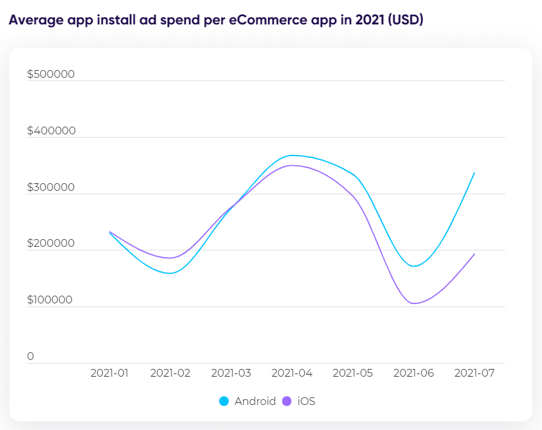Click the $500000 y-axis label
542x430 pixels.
point(51,74)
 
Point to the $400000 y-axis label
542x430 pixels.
point(51,130)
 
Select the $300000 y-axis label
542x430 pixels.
point(51,187)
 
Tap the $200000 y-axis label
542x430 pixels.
point(51,244)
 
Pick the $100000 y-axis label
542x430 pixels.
point(51,300)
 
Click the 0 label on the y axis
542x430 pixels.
point(30,357)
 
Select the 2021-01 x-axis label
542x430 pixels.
point(109,373)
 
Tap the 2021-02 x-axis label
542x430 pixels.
point(170,373)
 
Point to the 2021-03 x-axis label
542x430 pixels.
point(231,373)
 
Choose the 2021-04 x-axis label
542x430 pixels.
point(292,373)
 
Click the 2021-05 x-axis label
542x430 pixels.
point(352,373)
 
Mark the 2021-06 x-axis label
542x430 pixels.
point(413,373)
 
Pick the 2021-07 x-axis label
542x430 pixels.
point(474,373)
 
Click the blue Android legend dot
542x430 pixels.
point(224,402)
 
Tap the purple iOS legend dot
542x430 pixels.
point(286,402)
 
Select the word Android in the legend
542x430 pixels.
point(255,402)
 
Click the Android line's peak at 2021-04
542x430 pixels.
point(292,155)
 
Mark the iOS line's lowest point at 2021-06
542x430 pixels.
point(413,303)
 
